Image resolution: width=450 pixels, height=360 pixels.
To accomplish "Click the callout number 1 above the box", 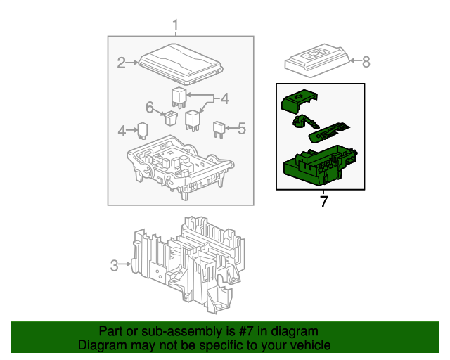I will (176, 27).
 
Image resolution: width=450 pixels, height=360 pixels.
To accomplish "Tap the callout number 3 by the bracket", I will (114, 265).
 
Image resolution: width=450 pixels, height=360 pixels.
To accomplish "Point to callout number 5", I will (241, 129).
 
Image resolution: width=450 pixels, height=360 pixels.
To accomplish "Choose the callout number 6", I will (150, 108).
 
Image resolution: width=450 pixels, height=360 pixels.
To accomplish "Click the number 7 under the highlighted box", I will (323, 202).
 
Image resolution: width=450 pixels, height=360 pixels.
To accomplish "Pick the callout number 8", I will (365, 62).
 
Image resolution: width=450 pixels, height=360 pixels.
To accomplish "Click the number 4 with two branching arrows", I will (224, 100).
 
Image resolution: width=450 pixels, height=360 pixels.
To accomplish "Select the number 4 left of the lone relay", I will (122, 130).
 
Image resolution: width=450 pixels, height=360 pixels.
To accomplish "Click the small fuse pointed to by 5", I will (219, 129).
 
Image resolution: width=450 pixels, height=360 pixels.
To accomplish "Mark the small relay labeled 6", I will (170, 117).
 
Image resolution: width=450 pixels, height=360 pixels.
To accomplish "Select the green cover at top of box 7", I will (295, 101).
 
